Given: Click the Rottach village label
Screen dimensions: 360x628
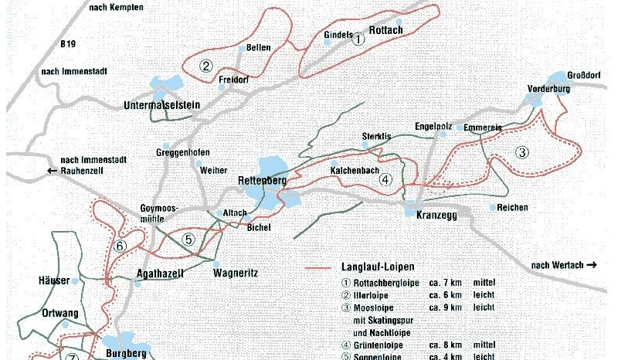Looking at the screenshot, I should tap(387, 30).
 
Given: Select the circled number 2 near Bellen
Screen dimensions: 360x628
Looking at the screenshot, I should tap(205, 66).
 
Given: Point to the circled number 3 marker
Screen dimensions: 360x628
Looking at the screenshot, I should tap(522, 152).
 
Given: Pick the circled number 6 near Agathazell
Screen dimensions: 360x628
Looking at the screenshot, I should tap(119, 246).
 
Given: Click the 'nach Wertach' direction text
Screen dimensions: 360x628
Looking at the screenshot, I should tap(564, 266).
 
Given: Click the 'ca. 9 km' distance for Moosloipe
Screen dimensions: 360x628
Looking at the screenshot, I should tap(445, 307).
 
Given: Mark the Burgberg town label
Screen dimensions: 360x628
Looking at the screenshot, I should tap(124, 354).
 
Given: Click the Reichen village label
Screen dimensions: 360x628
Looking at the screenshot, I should tap(513, 208).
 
